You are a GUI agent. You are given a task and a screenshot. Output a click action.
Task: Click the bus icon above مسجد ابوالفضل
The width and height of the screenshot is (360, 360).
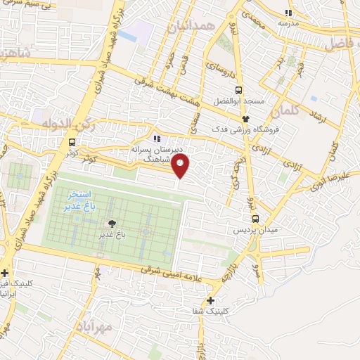[x=238, y=90]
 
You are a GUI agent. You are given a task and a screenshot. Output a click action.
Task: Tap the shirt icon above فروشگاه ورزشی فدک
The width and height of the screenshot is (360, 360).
[x=245, y=118]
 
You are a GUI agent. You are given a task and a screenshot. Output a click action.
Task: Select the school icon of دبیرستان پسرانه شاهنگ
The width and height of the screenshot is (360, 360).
[x=157, y=138]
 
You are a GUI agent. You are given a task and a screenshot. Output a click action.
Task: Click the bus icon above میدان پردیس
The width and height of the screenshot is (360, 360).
[x=255, y=218]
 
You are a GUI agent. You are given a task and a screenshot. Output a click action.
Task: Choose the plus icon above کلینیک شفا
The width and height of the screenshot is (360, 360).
[x=210, y=300]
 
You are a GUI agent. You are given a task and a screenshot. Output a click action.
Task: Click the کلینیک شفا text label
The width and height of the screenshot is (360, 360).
[x=210, y=311]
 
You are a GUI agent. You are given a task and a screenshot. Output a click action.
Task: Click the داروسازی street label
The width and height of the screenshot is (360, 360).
[x=217, y=68]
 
